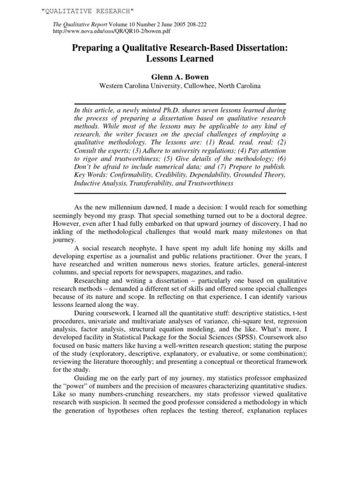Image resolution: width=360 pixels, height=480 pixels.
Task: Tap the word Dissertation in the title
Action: click(257, 49)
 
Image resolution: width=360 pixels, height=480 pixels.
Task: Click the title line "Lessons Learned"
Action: click(180, 59)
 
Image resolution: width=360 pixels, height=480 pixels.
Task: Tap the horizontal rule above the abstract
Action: click(180, 104)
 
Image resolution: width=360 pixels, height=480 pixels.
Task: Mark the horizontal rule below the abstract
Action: click(180, 193)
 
